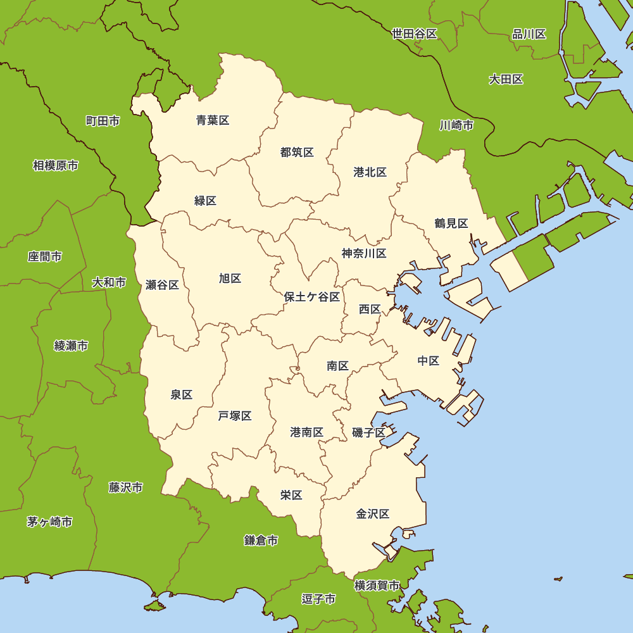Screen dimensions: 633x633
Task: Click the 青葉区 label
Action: point(213,120)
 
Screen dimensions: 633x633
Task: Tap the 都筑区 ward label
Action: point(297,152)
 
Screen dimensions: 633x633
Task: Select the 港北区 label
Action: point(370,172)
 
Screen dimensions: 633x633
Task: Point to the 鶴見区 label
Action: point(451,223)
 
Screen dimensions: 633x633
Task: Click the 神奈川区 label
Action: point(364,254)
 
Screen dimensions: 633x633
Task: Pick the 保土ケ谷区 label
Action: point(312,297)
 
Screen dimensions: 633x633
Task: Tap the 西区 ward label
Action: point(370,310)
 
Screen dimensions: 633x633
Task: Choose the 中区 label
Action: point(429,361)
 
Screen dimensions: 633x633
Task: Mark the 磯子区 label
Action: point(369,433)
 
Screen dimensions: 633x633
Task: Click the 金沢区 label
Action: point(373,514)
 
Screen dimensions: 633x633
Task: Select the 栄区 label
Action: point(291,495)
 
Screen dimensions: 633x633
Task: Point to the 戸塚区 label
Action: point(235,416)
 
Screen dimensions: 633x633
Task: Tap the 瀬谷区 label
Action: point(162,285)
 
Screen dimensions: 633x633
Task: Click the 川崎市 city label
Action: point(456,125)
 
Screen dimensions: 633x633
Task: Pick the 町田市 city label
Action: point(103,121)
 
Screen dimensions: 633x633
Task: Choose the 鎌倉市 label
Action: point(261,541)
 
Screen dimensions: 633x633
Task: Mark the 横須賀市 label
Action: point(377,586)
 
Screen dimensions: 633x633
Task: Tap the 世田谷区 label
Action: point(415,34)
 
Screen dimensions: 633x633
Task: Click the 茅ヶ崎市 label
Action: point(49,522)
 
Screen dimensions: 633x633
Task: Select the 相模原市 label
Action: point(56,166)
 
